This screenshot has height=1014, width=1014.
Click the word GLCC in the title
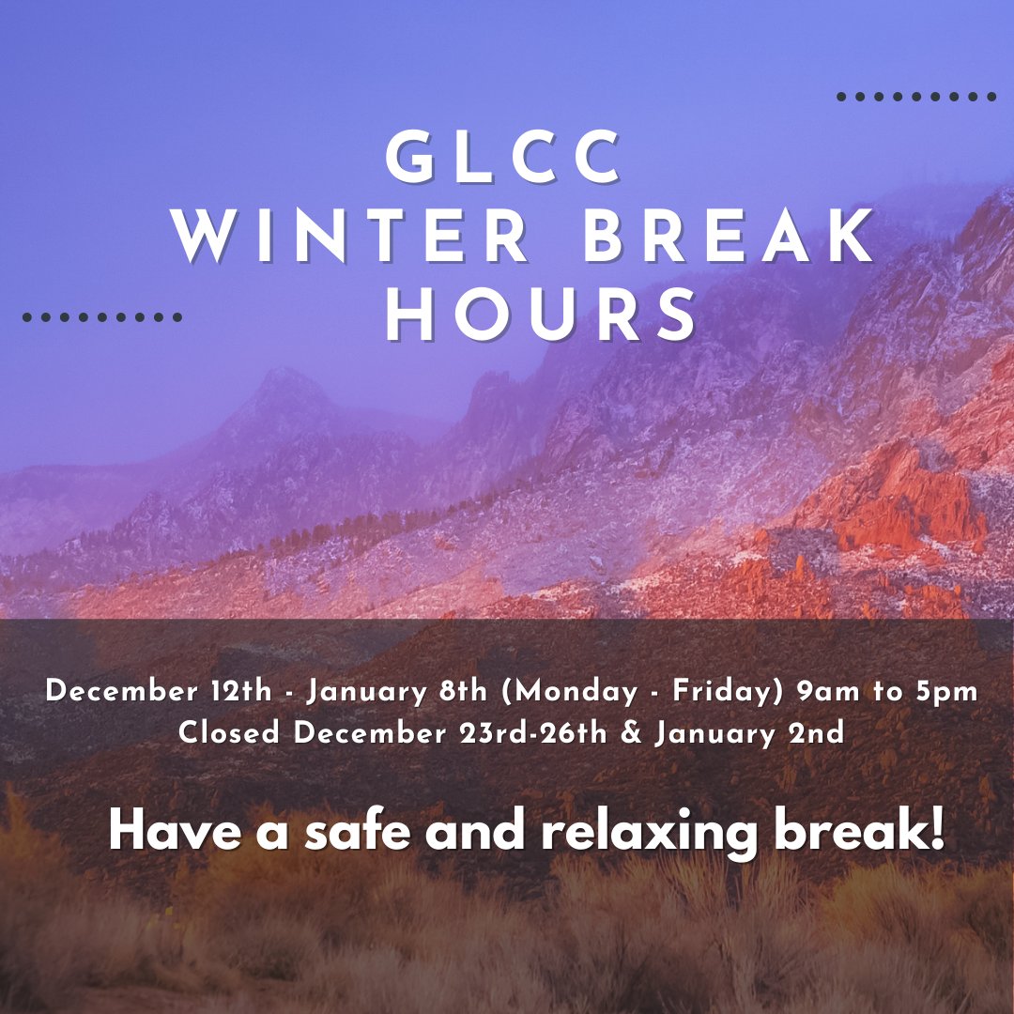505,157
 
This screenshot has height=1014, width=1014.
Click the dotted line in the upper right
915,97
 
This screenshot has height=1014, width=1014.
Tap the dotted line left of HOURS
101,317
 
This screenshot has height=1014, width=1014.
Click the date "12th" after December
241,692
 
